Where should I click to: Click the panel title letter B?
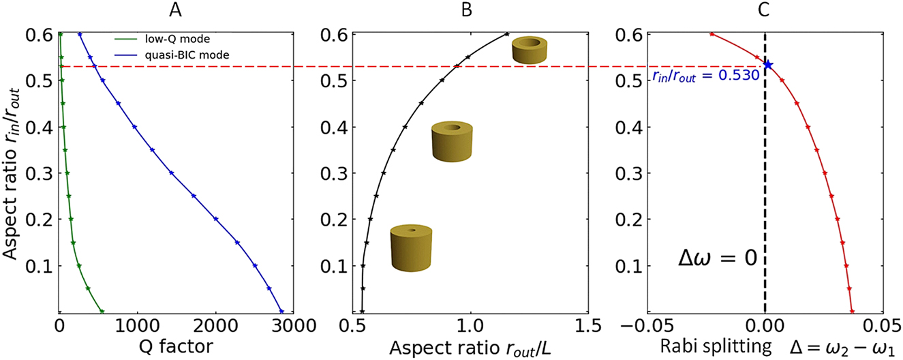click(468, 10)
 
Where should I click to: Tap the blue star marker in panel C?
click(768, 65)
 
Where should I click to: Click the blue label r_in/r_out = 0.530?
click(702, 76)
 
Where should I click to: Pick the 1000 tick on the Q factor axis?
click(138, 325)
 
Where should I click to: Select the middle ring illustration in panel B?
click(451, 138)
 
